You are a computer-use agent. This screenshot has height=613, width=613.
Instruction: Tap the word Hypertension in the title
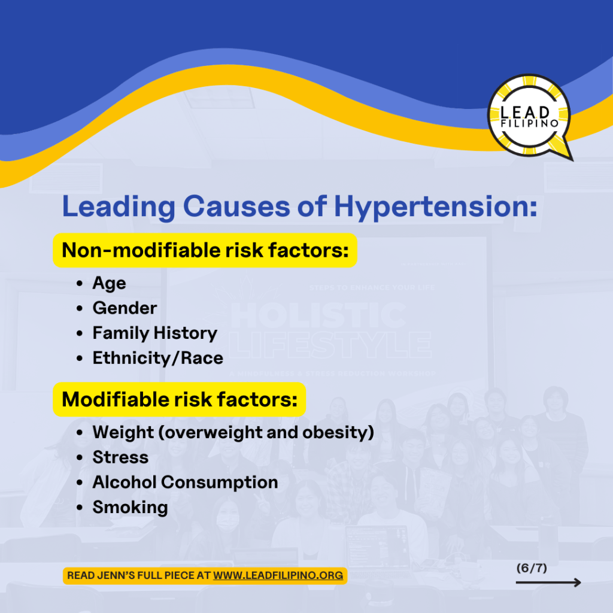(436, 207)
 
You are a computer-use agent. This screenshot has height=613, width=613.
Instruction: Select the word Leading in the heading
(119, 207)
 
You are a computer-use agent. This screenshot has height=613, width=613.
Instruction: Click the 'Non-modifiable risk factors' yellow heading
(205, 250)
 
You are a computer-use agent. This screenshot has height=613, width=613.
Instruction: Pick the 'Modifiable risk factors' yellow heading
(180, 399)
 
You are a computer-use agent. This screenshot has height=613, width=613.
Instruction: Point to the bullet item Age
(109, 283)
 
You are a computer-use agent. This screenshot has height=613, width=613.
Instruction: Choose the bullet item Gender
(125, 308)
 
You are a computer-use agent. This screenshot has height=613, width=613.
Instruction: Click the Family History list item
(155, 333)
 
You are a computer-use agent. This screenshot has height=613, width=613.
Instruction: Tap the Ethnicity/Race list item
(158, 358)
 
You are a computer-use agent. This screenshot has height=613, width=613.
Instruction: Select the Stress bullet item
(120, 457)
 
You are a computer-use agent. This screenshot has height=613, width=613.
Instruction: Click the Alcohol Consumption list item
(186, 482)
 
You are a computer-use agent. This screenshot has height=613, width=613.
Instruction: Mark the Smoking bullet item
(130, 508)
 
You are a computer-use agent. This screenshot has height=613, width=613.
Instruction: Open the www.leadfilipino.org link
(278, 575)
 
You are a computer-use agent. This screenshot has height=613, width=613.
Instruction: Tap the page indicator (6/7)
(532, 568)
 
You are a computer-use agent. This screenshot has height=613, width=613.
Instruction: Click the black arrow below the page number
(548, 583)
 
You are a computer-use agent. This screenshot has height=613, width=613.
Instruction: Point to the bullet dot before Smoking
(80, 508)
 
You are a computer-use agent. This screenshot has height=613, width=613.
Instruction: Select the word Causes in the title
(236, 207)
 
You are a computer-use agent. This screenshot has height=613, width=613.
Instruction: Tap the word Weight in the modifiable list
(123, 432)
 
